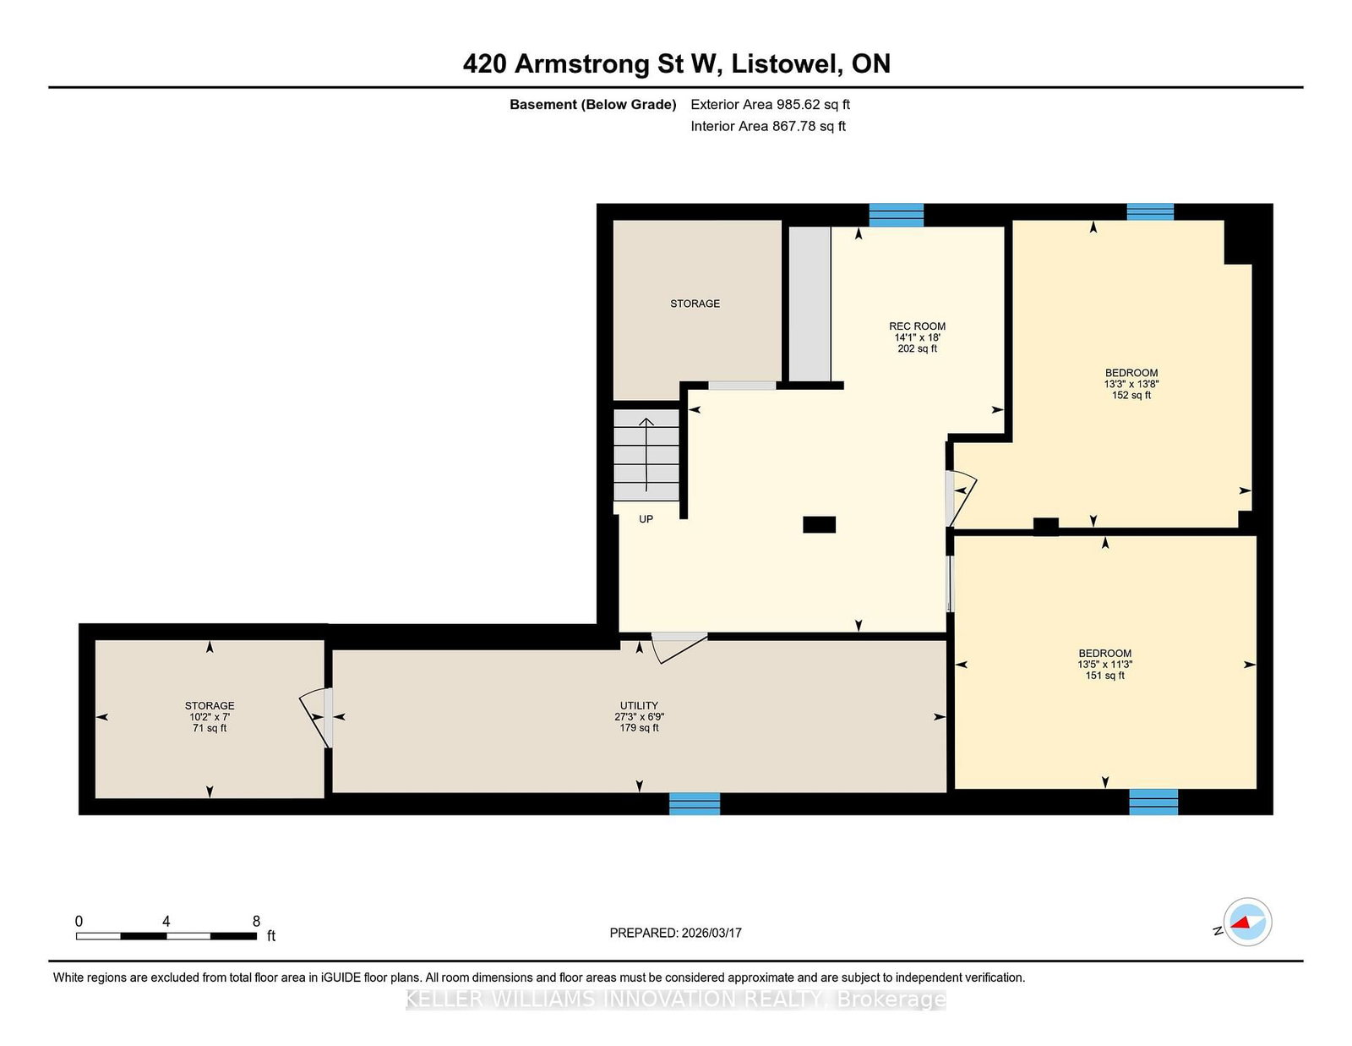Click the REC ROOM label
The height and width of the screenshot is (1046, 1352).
[x=917, y=326]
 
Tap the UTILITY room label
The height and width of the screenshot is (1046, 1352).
[x=639, y=705]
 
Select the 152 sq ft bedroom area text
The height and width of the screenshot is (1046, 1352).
[x=1131, y=395]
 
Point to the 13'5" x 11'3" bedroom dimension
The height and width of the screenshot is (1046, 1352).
[x=1105, y=665]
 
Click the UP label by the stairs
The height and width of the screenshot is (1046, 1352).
[x=646, y=518]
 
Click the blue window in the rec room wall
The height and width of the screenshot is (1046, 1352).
[x=896, y=216]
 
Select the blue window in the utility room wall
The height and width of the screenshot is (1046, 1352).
[x=695, y=803]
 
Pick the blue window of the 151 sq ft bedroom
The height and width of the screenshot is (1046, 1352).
[x=1153, y=802]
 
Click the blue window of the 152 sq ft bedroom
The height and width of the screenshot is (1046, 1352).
[x=1150, y=211]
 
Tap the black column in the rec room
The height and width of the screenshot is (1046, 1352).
[x=819, y=525]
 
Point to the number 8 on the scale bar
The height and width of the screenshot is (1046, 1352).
[x=256, y=921]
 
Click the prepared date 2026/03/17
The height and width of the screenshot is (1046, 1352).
[x=711, y=933]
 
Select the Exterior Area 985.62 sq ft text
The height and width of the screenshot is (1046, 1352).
[x=771, y=105]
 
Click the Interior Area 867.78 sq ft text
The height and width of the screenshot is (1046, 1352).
[x=768, y=126]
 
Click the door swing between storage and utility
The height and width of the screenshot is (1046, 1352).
[x=315, y=717]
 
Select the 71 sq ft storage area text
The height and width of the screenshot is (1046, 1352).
[x=210, y=728]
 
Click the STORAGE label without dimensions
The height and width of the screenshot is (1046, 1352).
[x=695, y=304]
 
